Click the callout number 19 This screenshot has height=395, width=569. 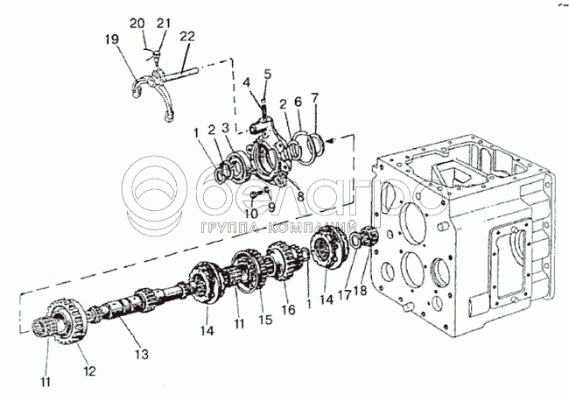tap(112, 39)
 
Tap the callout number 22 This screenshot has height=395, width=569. tap(187, 36)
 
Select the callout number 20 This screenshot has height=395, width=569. tap(137, 24)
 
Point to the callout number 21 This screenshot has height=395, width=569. tap(164, 24)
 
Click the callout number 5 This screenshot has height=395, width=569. tap(268, 74)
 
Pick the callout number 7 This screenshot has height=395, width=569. tap(314, 98)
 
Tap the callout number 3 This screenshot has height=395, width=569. tap(226, 128)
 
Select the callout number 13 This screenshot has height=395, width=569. tap(142, 354)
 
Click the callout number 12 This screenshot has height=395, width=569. tap(89, 370)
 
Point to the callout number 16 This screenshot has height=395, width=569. tap(289, 310)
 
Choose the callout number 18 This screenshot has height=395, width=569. tap(361, 291)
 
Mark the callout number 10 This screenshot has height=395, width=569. tap(250, 213)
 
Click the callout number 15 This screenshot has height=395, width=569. tap(265, 320)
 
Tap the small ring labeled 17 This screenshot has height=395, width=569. tap(355, 240)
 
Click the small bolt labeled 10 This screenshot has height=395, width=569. tap(254, 195)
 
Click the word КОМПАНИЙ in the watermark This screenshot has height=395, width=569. tap(312, 228)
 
